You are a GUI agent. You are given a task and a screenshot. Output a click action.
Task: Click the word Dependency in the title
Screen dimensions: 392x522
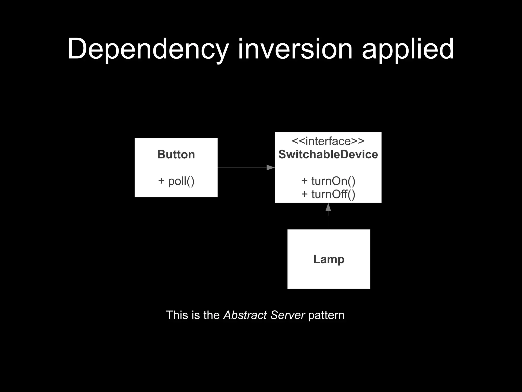pyautogui.click(x=148, y=49)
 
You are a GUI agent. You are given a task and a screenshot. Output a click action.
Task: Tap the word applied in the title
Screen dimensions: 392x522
pyautogui.click(x=408, y=49)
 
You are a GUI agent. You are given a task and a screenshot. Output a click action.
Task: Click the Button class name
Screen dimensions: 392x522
pyautogui.click(x=176, y=155)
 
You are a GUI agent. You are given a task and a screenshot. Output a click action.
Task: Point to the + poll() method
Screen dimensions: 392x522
pyautogui.click(x=176, y=181)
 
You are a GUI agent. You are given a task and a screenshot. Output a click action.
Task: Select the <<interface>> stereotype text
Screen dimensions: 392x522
pyautogui.click(x=328, y=141)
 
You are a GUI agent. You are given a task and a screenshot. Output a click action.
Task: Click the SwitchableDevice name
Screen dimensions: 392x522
pyautogui.click(x=328, y=155)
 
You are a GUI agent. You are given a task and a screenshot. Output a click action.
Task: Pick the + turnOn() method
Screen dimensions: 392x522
pyautogui.click(x=328, y=181)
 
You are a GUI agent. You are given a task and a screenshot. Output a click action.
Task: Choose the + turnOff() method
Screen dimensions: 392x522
pyautogui.click(x=328, y=194)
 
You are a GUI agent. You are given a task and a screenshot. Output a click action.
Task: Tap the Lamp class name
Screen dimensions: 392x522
pyautogui.click(x=329, y=259)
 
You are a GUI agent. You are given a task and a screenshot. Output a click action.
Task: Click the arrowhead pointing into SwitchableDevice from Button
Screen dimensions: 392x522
pyautogui.click(x=270, y=168)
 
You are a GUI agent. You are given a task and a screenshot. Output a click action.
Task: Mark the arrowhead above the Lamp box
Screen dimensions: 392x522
pyautogui.click(x=328, y=207)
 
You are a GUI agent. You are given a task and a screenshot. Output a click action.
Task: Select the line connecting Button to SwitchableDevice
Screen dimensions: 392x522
pyautogui.click(x=242, y=168)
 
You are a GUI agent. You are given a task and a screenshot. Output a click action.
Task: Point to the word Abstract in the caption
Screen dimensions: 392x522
pyautogui.click(x=245, y=315)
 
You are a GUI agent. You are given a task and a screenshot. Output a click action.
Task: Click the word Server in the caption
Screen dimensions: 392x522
pyautogui.click(x=288, y=315)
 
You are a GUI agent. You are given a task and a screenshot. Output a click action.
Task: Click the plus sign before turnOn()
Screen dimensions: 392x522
pyautogui.click(x=305, y=181)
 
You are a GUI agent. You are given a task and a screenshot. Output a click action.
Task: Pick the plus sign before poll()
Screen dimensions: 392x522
pyautogui.click(x=161, y=181)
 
